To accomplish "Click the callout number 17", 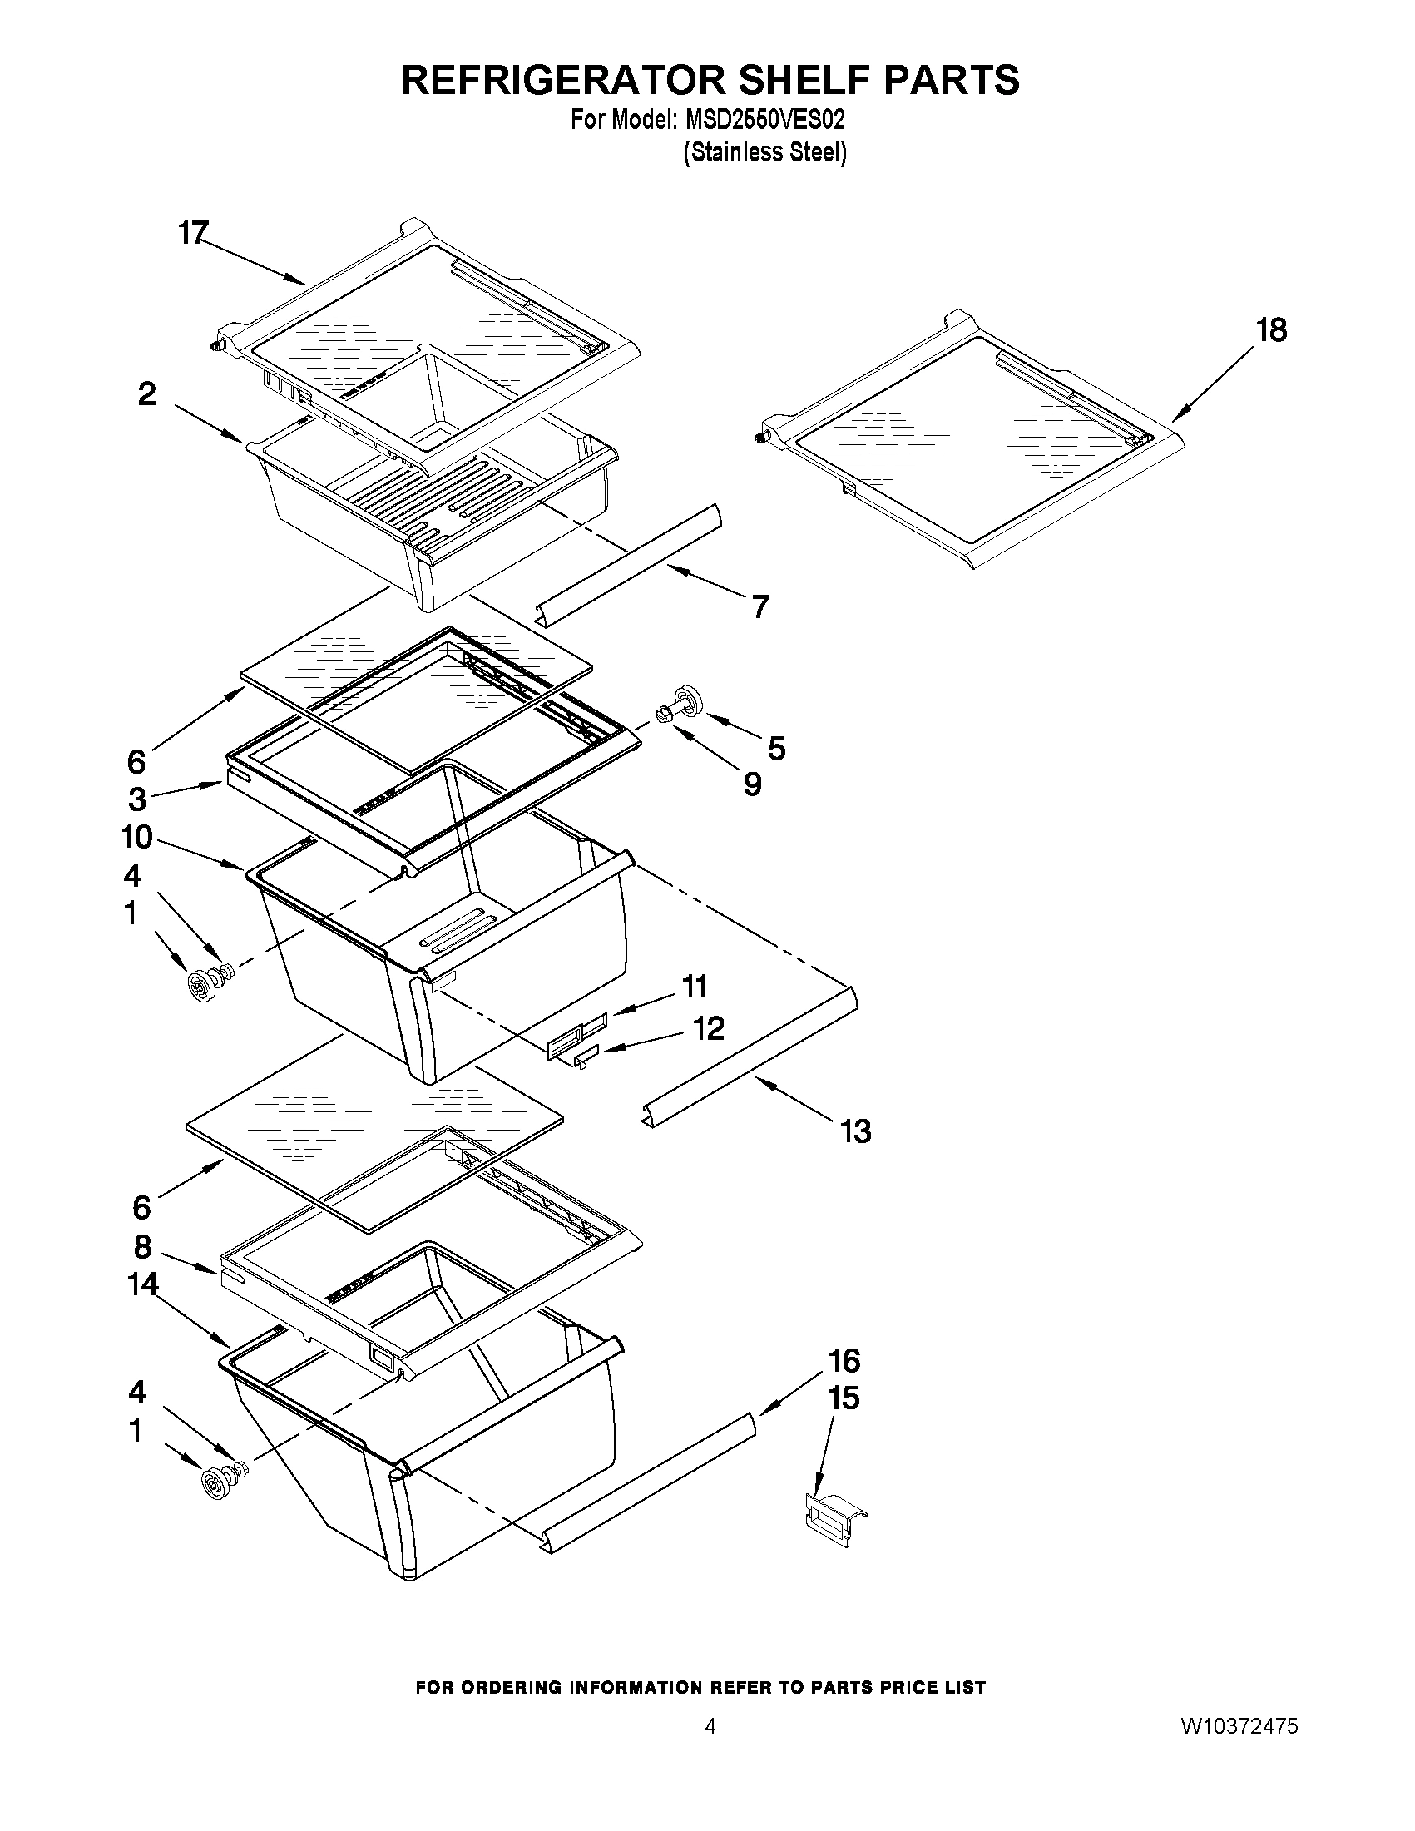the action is [x=193, y=232].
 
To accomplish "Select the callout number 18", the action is [x=1271, y=330].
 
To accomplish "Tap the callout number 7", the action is [x=759, y=606].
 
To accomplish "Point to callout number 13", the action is [x=855, y=1131].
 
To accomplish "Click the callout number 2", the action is [x=147, y=394].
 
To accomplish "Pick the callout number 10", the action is [x=137, y=837].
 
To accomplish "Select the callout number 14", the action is [x=143, y=1284].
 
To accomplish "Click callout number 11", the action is [x=695, y=987].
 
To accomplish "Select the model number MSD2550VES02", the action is [x=765, y=120].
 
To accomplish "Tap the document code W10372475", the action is [x=1239, y=1726].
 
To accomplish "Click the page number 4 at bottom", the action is [x=710, y=1726].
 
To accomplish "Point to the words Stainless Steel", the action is [x=764, y=153].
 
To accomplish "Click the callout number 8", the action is [x=142, y=1247].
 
